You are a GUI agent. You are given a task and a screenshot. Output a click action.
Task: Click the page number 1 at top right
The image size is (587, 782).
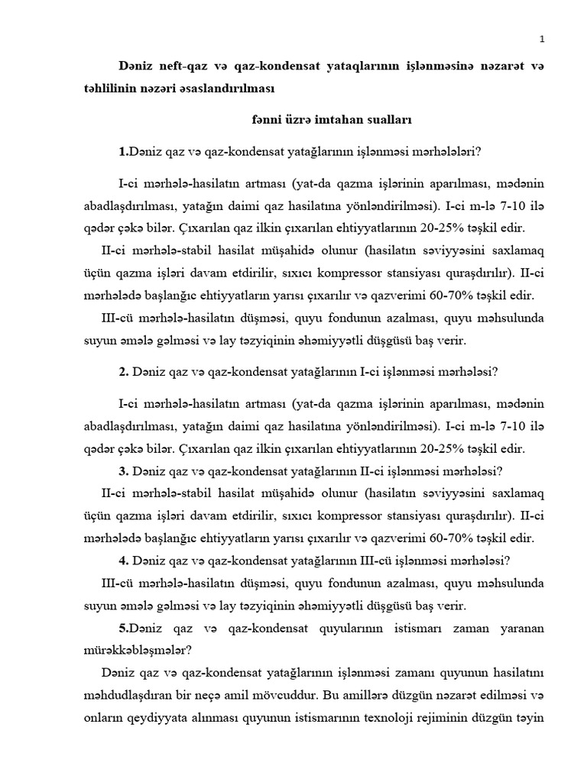(542, 39)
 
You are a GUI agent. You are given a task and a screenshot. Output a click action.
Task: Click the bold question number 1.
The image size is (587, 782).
(123, 152)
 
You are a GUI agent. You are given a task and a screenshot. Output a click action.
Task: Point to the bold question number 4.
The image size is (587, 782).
(123, 561)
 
